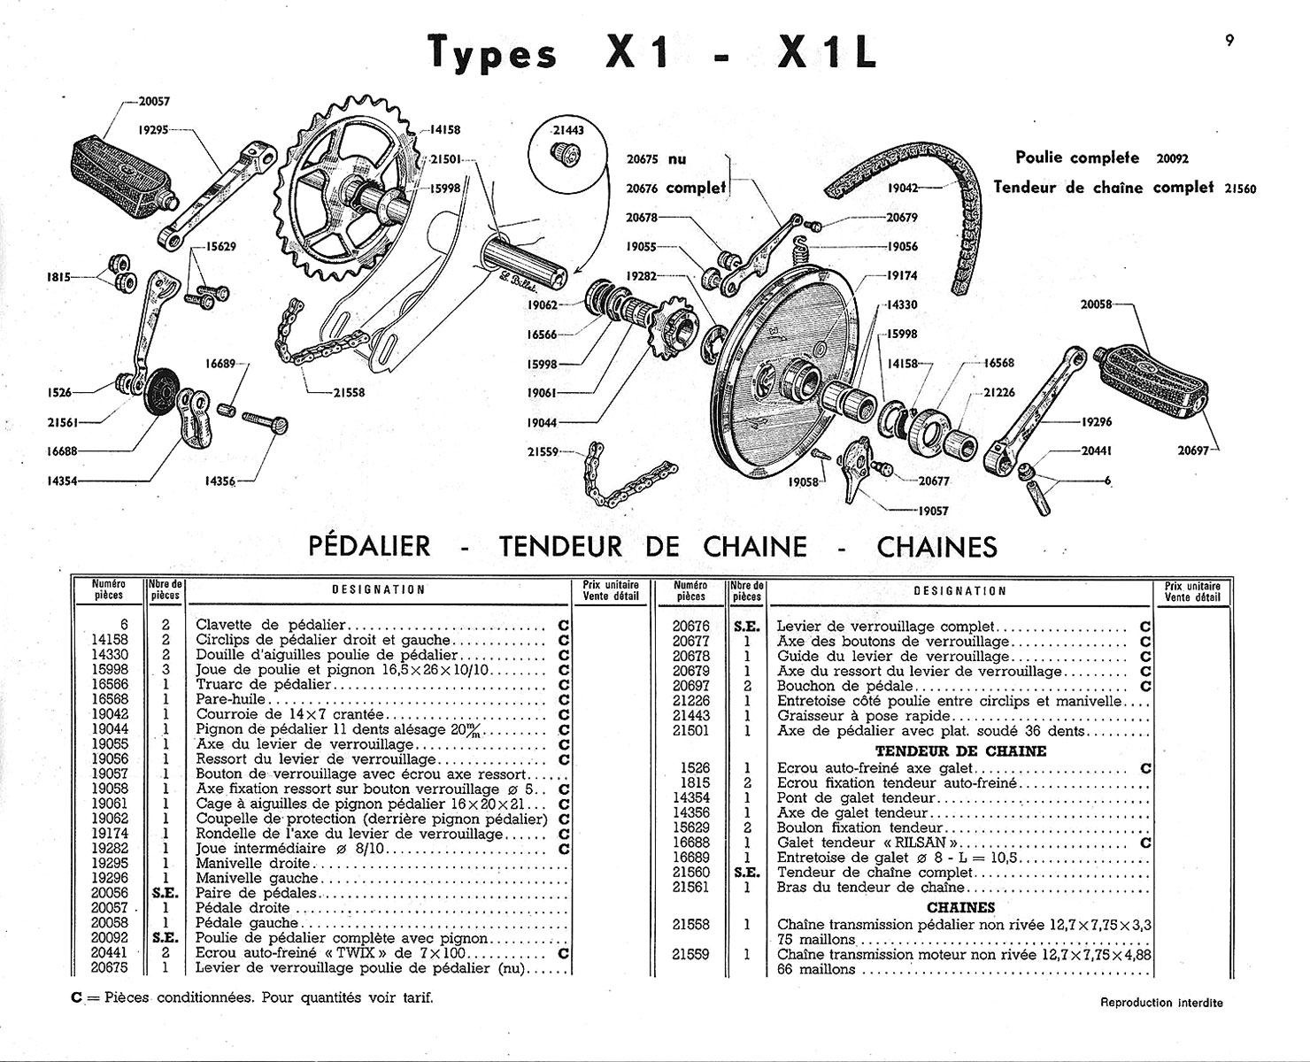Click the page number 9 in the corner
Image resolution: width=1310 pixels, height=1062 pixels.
point(1229,40)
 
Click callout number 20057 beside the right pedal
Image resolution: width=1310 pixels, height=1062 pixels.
point(154,102)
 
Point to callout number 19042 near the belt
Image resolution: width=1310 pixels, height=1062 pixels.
point(902,189)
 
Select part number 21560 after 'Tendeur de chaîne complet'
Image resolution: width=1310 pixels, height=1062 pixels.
point(1240,189)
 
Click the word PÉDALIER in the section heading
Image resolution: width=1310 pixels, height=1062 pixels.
point(369,546)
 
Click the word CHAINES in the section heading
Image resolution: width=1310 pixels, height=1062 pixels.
point(936,547)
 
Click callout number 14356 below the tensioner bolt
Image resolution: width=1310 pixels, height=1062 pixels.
point(220,481)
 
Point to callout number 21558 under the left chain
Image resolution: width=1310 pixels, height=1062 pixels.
point(349,392)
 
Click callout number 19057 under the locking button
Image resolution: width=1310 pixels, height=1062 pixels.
point(933,511)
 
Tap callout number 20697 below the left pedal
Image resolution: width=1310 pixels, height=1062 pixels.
point(1193,450)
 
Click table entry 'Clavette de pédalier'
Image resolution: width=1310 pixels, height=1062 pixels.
point(271,625)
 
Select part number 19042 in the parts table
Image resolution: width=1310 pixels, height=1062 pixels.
point(110,714)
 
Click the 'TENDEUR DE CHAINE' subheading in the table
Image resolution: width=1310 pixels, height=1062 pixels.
point(960,750)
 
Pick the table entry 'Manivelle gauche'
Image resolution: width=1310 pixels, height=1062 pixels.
point(257,878)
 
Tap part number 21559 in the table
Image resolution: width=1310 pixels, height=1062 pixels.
point(691,954)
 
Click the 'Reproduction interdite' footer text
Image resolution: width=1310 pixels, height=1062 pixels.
point(1161,1003)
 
